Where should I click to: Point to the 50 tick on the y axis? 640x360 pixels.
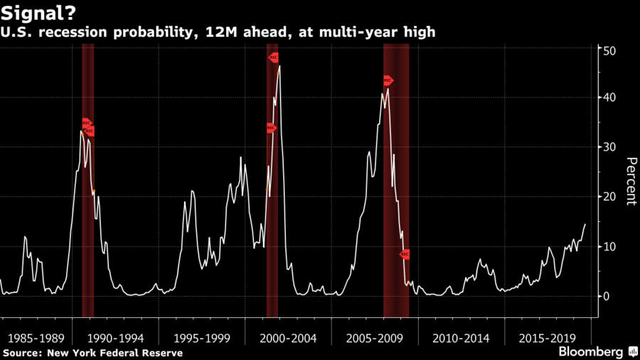pyautogui.click(x=609, y=51)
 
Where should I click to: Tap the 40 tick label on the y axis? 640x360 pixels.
pyautogui.click(x=609, y=97)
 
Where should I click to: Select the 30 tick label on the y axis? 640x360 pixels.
pyautogui.click(x=609, y=147)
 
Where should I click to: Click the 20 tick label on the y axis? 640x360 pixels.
pyautogui.click(x=609, y=196)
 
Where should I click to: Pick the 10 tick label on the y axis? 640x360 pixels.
pyautogui.click(x=609, y=246)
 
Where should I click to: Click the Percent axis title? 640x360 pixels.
pyautogui.click(x=629, y=181)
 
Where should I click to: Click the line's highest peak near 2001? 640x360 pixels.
pyautogui.click(x=279, y=66)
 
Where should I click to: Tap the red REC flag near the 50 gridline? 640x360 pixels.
pyautogui.click(x=272, y=57)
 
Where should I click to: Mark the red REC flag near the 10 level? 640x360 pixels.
pyautogui.click(x=405, y=254)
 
